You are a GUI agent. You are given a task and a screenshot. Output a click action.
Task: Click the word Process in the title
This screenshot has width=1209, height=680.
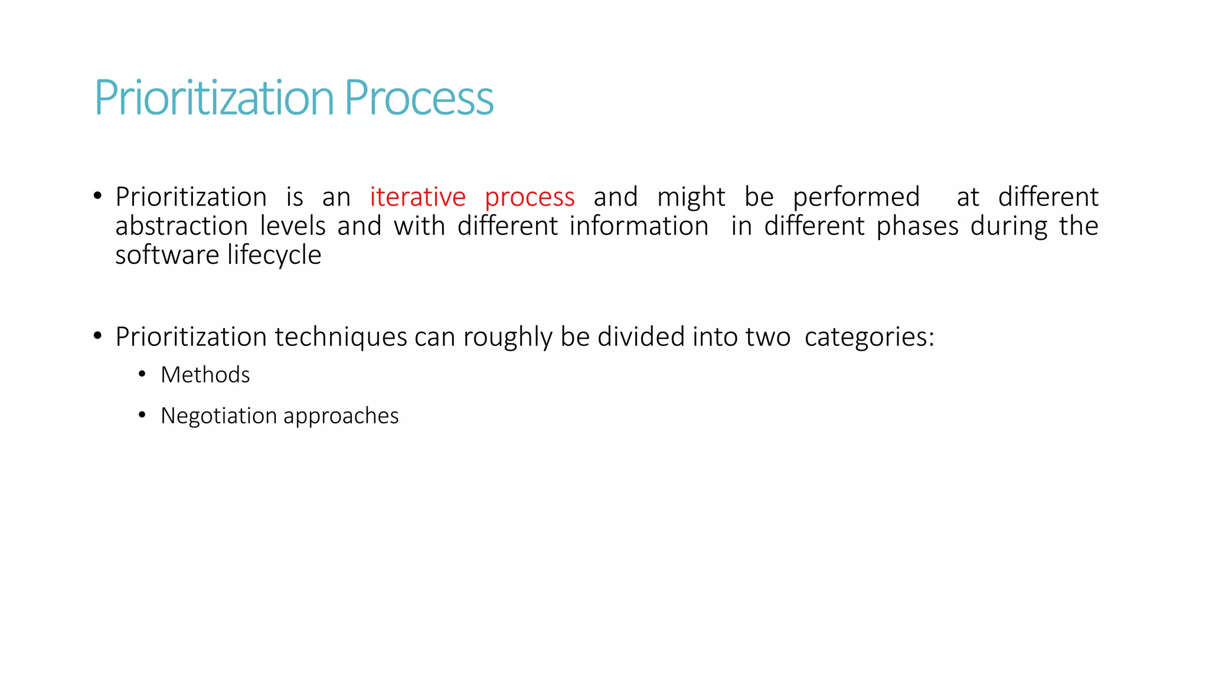[x=419, y=98]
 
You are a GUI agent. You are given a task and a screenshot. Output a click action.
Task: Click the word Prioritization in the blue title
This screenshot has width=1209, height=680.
[x=214, y=98]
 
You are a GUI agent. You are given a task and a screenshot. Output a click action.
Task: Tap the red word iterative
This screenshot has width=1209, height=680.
[x=417, y=197]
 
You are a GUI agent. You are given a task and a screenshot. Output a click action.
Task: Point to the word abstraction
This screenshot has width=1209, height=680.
[x=181, y=226]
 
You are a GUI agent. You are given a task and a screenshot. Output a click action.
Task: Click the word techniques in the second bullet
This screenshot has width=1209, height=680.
[x=341, y=338]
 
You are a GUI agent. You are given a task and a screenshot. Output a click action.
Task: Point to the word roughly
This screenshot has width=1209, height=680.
[x=508, y=338]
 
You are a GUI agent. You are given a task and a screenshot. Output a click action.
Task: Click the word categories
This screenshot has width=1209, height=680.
[x=869, y=338]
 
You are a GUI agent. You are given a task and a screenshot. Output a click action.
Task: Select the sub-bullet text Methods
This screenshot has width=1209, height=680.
[x=205, y=375]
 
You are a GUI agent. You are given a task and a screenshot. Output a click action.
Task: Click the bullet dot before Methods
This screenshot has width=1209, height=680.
[x=142, y=374]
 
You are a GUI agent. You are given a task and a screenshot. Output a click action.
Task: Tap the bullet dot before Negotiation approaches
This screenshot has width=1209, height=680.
[x=142, y=416]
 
